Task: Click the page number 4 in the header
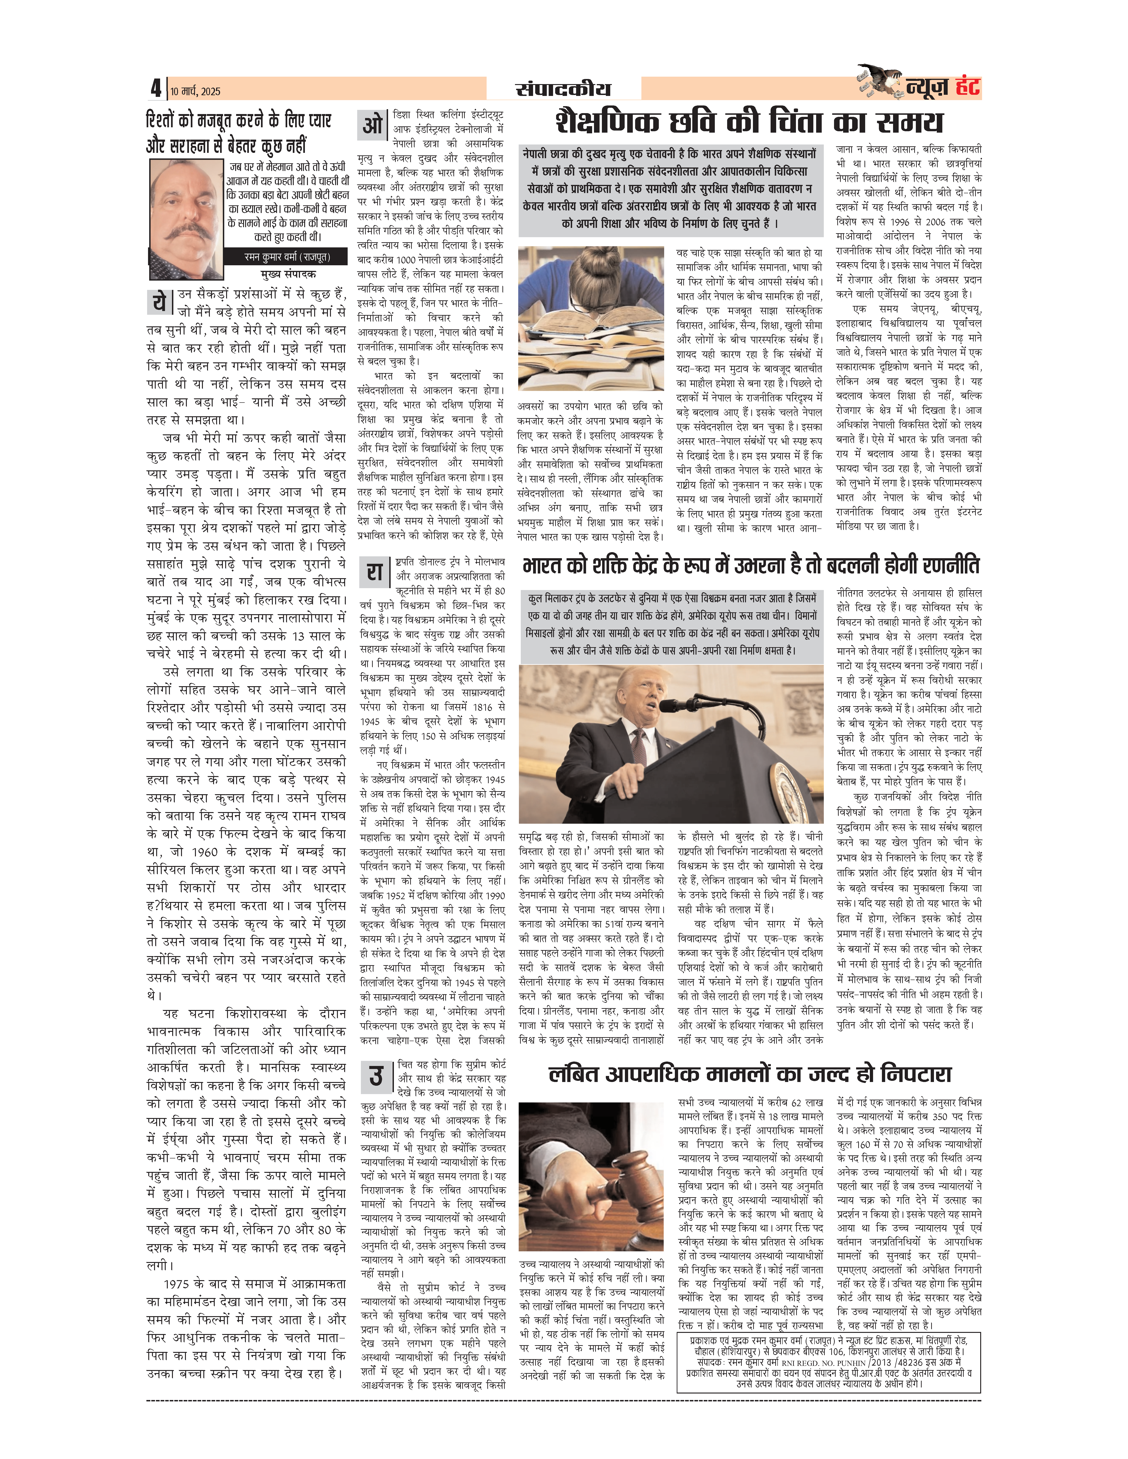[x=156, y=88]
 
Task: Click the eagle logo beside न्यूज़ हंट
[x=881, y=82]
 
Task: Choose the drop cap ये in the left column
[x=159, y=302]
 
